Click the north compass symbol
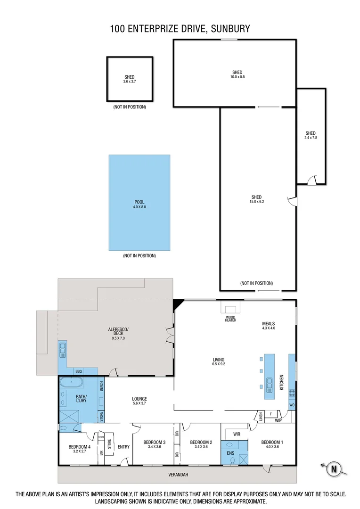point(334,468)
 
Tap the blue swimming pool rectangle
point(139,203)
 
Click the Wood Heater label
point(230,319)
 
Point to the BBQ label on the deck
point(78,371)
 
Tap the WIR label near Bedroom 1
point(237,433)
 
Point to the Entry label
point(123,447)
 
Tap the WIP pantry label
point(278,420)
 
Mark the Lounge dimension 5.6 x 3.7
point(139,403)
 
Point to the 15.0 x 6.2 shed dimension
point(256,202)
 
